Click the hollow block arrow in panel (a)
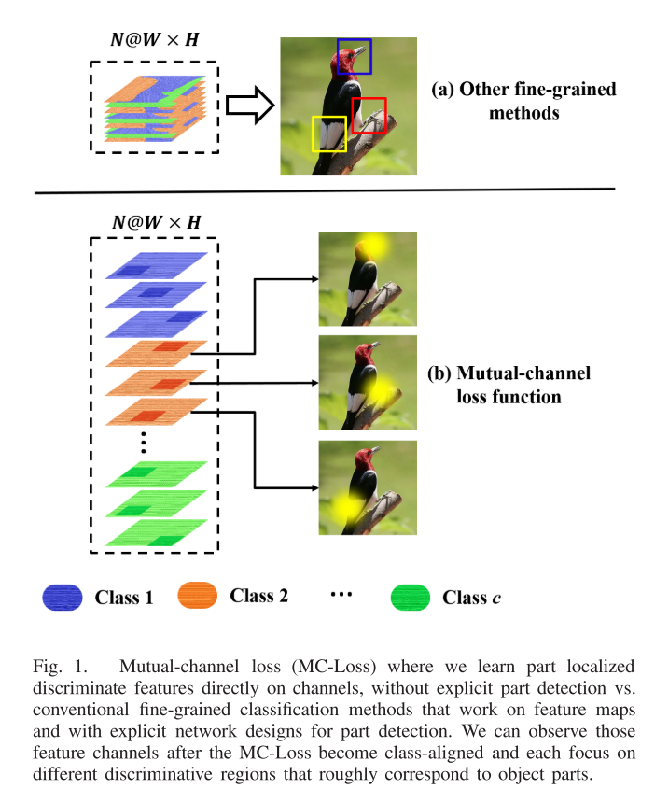pos(250,106)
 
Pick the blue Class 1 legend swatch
pos(63,598)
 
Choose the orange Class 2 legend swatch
pos(198,596)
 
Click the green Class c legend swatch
pos(411,598)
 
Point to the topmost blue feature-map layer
pos(157,266)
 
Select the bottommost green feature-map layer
pos(157,533)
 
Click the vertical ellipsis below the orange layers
pos(144,443)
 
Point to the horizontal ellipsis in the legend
pos(341,595)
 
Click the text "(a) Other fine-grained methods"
pos(523,101)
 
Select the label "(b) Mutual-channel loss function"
pos(509,385)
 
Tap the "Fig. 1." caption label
pos(61,667)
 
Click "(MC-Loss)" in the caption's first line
pos(334,667)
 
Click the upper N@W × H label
pos(155,39)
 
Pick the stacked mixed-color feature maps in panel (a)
pos(155,108)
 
